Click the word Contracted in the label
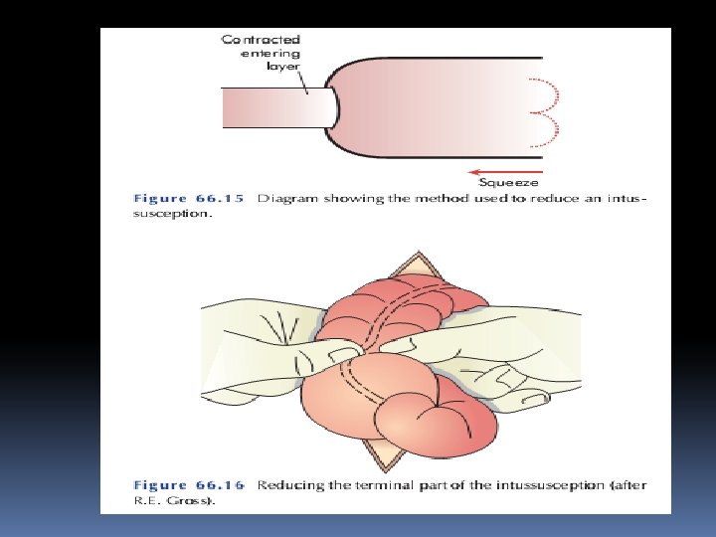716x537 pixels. tap(261, 40)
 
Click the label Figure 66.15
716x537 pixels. tap(189, 199)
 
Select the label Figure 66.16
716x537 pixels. tap(189, 485)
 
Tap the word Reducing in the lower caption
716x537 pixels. tap(288, 485)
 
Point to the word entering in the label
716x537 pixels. tap(270, 55)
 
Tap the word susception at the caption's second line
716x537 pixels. tap(172, 214)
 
